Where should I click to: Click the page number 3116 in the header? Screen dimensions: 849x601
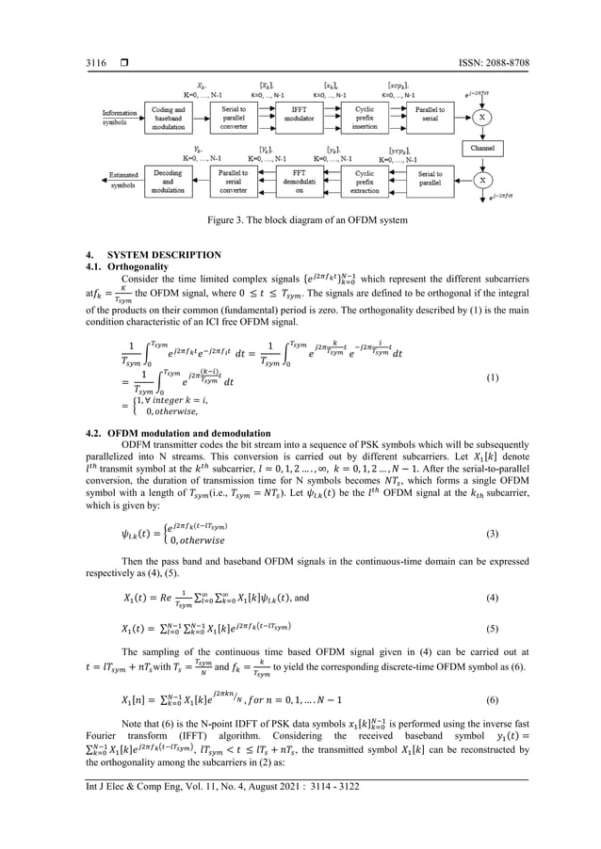(x=42, y=35)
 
